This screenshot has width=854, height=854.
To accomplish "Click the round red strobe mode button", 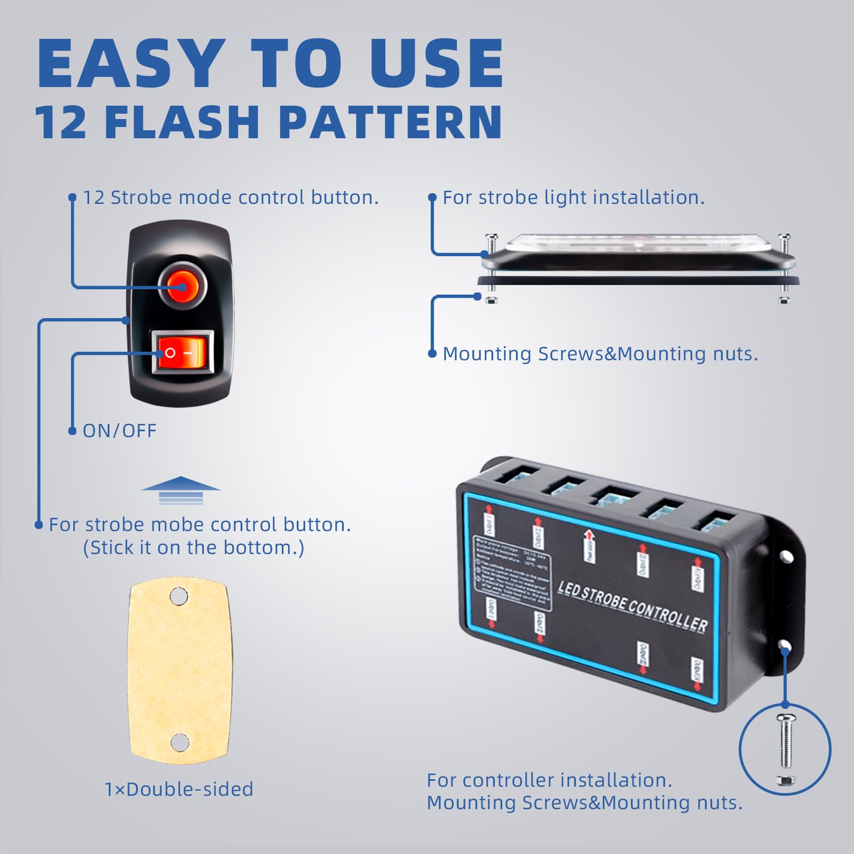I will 182,287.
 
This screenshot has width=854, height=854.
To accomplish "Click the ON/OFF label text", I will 120,431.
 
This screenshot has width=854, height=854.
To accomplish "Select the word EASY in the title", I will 131,64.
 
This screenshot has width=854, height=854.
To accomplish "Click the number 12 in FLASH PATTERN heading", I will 60,123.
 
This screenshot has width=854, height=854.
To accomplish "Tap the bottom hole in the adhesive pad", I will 180,741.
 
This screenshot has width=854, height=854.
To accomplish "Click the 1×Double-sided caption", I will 179,789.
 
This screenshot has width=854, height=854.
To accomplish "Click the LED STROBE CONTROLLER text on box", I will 632,606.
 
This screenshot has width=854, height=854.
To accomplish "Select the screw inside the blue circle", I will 786,742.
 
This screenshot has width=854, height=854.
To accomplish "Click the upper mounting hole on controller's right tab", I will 786,557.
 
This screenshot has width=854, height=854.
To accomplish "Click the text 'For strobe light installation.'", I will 574,197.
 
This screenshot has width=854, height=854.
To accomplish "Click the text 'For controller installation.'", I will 549,780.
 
